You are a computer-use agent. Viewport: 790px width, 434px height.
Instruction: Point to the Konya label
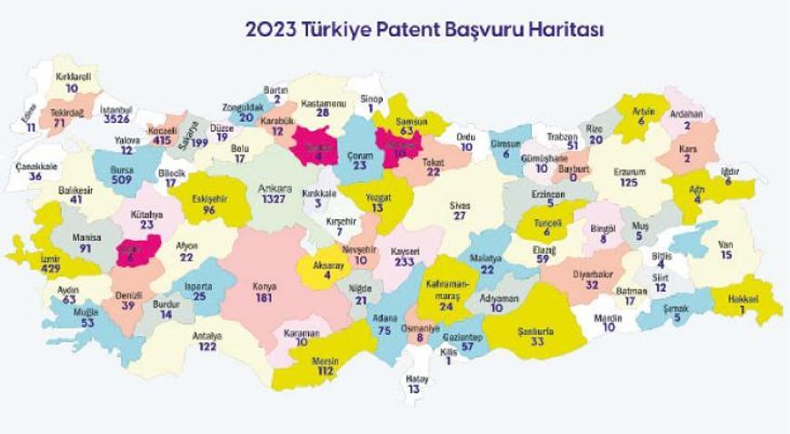tap(265, 286)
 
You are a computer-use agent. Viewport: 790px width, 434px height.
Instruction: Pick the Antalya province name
tap(209, 336)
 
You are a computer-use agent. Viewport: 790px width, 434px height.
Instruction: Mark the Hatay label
tap(415, 378)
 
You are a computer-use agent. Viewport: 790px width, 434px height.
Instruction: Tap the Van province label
tap(725, 244)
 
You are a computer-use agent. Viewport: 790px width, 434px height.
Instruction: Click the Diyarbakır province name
tap(592, 272)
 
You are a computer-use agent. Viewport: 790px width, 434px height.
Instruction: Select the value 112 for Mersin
tap(325, 372)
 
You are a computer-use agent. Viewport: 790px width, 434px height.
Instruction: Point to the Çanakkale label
tap(36, 167)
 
